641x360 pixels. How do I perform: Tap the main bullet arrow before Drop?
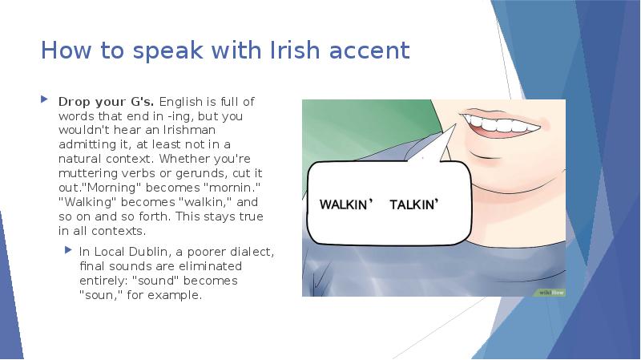tap(45, 102)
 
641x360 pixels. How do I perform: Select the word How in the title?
tap(63, 51)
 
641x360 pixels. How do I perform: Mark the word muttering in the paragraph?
tap(87, 173)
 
